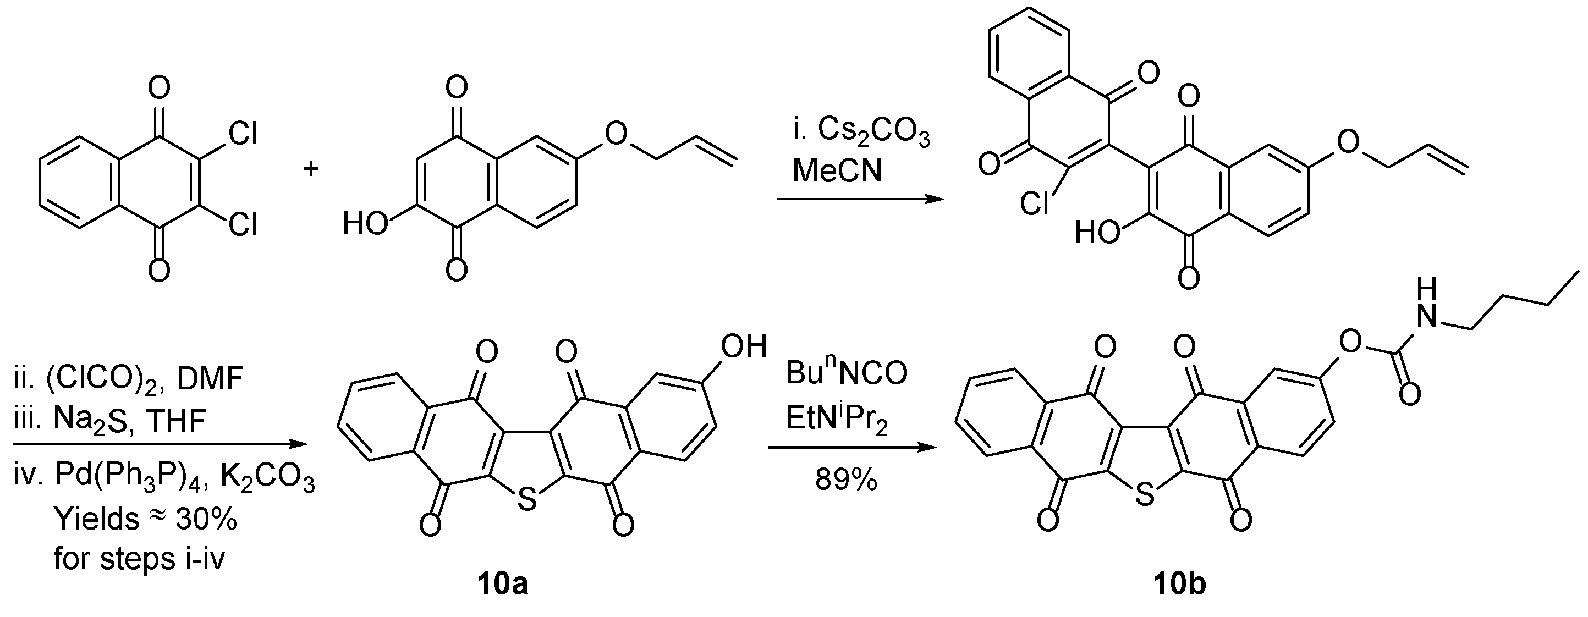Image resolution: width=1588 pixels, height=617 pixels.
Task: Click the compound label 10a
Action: [x=502, y=583]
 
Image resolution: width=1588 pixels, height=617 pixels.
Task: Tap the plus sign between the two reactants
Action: [x=311, y=168]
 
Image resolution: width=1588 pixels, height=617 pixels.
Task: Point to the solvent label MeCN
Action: [x=837, y=170]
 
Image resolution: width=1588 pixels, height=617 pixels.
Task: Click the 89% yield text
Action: [x=846, y=479]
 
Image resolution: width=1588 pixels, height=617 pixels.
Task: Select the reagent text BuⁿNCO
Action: [x=847, y=373]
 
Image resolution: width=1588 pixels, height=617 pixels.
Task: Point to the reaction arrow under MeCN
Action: [x=860, y=199]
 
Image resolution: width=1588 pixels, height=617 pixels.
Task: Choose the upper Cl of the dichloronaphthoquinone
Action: [x=241, y=134]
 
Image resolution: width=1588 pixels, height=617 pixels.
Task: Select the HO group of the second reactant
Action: [x=365, y=224]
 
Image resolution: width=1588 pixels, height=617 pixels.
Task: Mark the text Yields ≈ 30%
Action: [x=145, y=520]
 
